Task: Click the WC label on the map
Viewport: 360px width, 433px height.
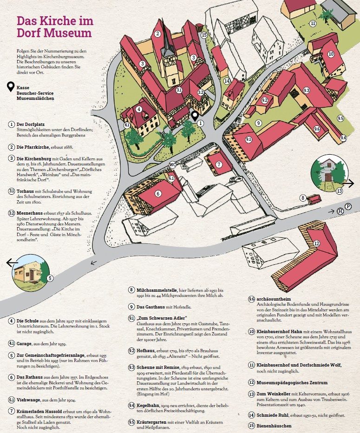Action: [172, 164]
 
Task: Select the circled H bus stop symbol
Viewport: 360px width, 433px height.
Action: [340, 211]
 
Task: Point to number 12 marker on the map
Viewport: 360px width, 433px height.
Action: [316, 243]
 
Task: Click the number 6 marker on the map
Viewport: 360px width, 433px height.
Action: [158, 194]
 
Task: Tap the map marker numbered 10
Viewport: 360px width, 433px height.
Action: [331, 54]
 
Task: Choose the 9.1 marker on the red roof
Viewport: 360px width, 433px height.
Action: [249, 139]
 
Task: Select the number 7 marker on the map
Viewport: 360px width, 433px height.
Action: [218, 164]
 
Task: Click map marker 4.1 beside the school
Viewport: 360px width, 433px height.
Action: [127, 124]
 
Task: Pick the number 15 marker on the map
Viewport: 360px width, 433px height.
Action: [204, 34]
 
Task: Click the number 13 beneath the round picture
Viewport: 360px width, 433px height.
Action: [340, 191]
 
